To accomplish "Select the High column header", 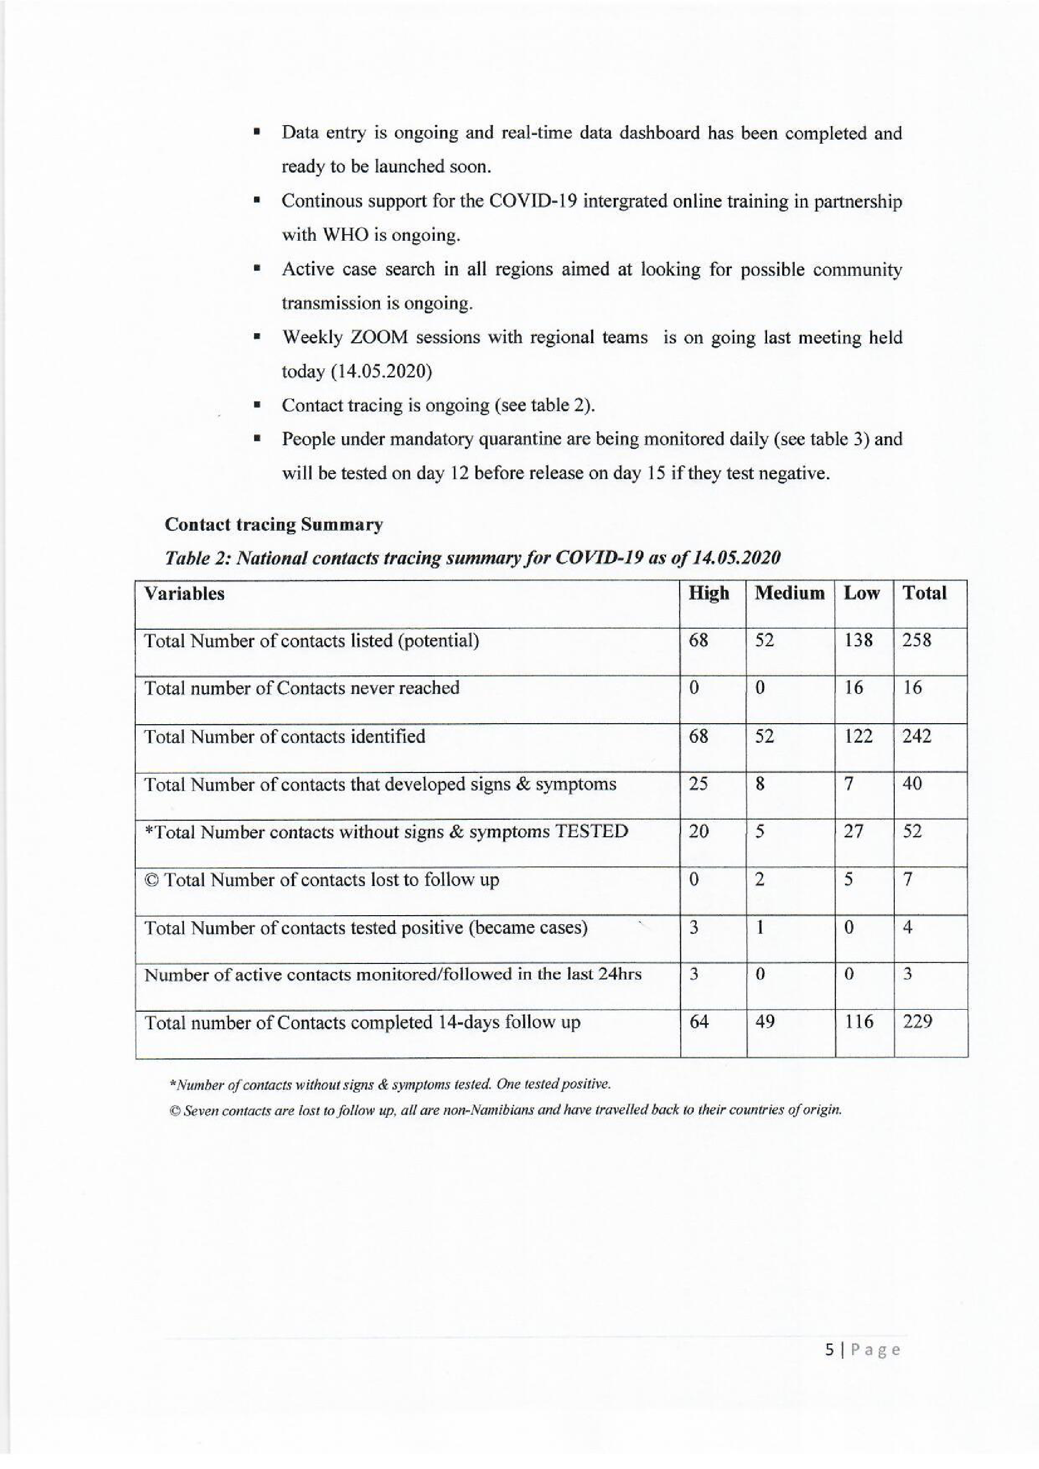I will tap(708, 593).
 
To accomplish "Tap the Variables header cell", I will tap(184, 594).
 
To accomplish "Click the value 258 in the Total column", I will tap(916, 640).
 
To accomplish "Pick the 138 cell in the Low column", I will tap(858, 640).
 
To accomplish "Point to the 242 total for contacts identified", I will tap(916, 736).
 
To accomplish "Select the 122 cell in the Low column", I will tap(858, 736).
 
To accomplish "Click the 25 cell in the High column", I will tap(698, 784).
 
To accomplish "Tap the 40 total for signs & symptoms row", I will tap(912, 784).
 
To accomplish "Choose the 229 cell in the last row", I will tap(917, 1021).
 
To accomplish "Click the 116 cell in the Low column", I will tap(859, 1021).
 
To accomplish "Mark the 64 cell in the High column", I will tap(699, 1021).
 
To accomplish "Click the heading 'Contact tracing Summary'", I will tap(274, 525).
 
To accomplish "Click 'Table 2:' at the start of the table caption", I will tap(197, 558).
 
